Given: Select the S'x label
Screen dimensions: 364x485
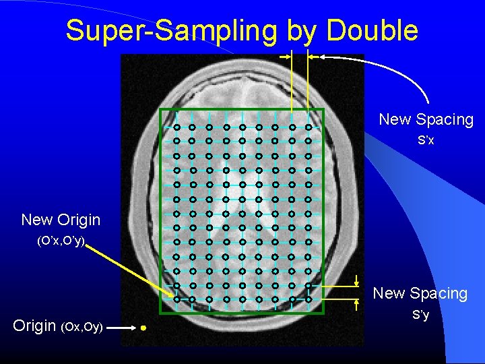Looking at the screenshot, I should pos(426,140).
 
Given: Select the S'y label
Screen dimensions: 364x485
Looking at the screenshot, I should pos(420,315).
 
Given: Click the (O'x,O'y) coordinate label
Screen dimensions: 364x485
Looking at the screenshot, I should pos(61,241).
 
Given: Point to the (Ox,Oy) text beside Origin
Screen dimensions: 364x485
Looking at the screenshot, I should pos(82,327).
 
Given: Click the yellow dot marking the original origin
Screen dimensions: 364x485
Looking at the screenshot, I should pos(143,328).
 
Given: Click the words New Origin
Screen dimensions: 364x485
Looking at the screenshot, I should pos(61,220).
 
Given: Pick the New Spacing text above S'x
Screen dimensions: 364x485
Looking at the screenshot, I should pos(426,119).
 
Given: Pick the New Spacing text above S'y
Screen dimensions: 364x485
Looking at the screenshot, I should pos(420,293).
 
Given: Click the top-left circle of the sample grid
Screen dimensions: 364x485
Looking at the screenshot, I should pos(176,127).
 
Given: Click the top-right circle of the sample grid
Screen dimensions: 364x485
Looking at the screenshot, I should pos(308,127).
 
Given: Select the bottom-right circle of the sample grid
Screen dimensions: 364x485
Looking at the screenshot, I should pos(308,299).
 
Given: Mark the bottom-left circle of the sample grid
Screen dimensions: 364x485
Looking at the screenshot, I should pos(176,299).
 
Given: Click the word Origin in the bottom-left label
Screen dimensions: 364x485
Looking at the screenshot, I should pos(34,326).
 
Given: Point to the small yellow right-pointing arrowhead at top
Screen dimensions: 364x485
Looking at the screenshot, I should pos(285,57).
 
